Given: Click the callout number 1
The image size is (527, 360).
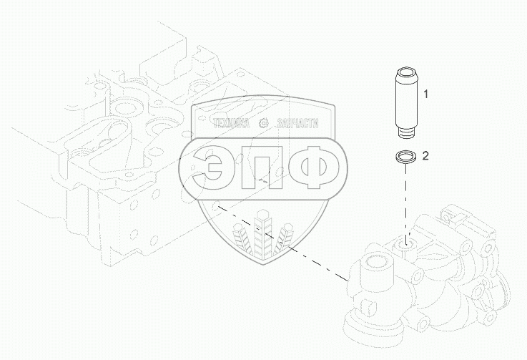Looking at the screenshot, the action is tap(425, 94).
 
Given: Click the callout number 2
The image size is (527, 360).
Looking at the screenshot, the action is tap(425, 156).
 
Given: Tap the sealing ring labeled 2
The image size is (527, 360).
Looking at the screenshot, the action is tap(405, 157).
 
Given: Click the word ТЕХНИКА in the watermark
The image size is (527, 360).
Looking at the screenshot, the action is tap(231, 124).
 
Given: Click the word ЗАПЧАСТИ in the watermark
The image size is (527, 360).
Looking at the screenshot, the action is tap(298, 124).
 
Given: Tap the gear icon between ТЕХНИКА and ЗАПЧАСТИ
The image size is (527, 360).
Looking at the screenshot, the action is tap(263, 124).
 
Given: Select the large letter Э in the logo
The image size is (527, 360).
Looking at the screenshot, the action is tap(210, 167).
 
